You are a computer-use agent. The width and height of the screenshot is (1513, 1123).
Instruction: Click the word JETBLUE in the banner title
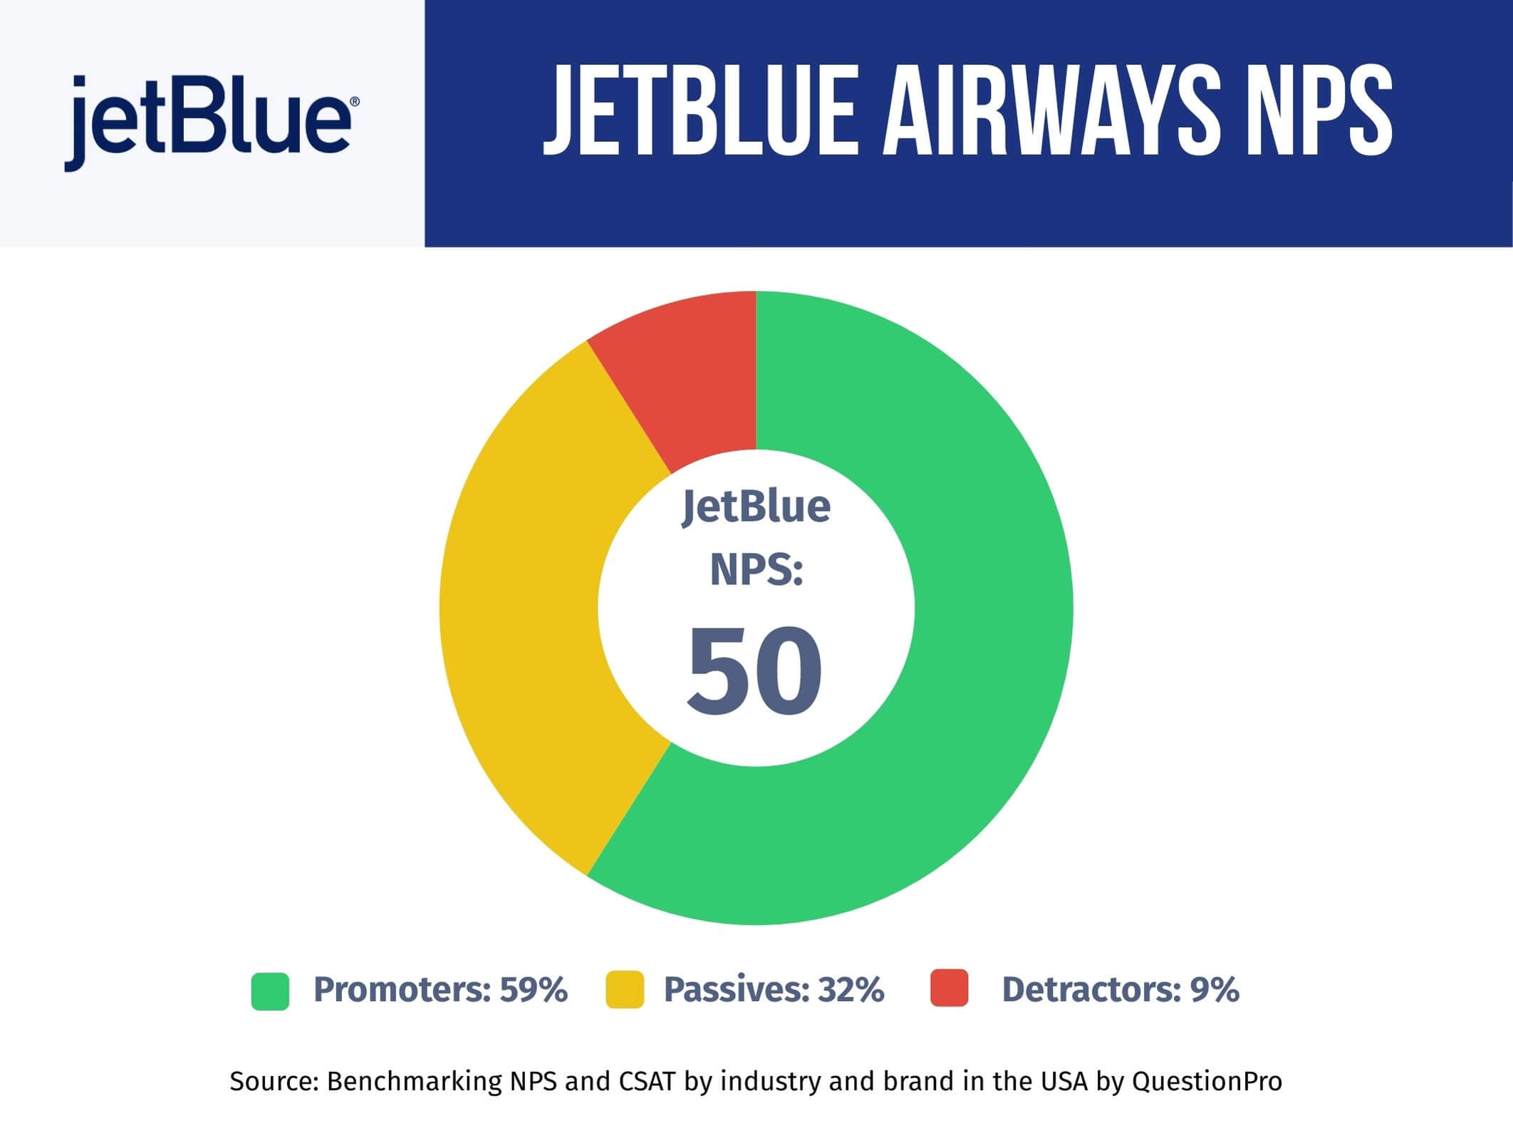click(x=700, y=110)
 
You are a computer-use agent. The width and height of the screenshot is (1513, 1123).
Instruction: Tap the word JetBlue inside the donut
click(x=756, y=507)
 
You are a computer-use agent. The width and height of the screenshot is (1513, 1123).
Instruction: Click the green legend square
click(x=270, y=991)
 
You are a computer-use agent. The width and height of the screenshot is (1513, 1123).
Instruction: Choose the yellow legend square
click(x=625, y=989)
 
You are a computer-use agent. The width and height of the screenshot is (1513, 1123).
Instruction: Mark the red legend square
click(x=950, y=988)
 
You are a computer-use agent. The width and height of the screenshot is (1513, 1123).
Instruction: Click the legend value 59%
click(x=534, y=989)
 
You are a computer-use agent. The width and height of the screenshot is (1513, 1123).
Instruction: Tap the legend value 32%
click(x=851, y=989)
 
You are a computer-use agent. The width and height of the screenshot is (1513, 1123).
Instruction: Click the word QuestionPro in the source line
click(x=1207, y=1082)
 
